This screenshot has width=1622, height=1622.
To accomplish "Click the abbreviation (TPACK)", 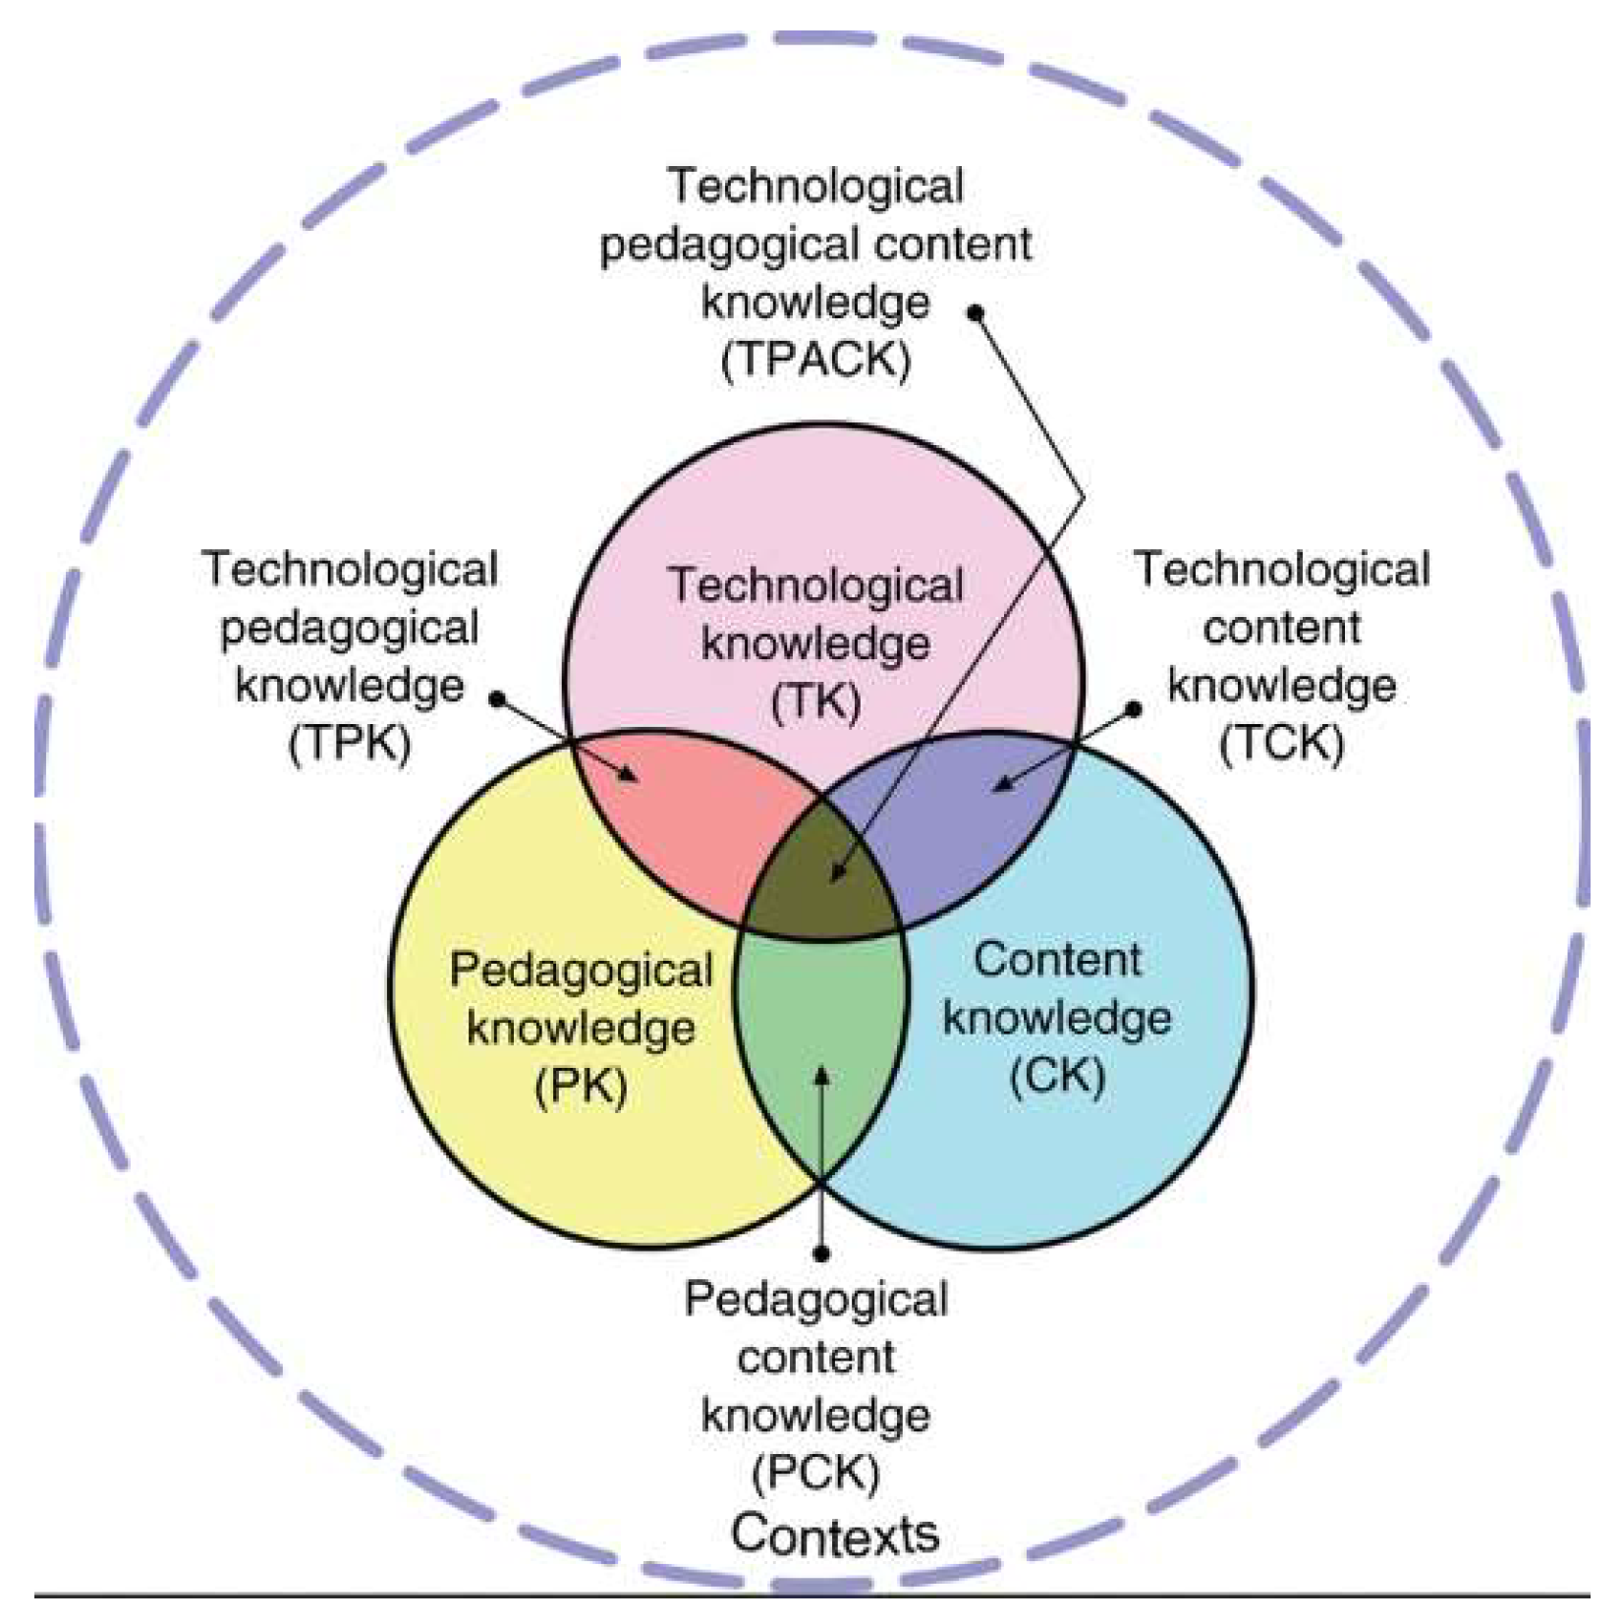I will click(x=815, y=361).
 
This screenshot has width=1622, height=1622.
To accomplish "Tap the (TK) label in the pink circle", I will click(x=815, y=702).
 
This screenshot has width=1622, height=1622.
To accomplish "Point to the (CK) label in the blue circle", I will click(x=1057, y=1076).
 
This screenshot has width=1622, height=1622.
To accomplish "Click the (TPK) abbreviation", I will click(x=350, y=744).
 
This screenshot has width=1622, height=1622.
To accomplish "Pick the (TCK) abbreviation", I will click(x=1281, y=744).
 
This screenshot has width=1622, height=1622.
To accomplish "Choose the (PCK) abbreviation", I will click(x=815, y=1473).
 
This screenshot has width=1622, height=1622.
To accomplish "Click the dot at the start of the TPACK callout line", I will click(x=976, y=312).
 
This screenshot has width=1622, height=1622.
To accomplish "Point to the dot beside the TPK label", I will click(x=498, y=699).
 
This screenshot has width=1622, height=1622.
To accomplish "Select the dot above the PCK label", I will click(x=822, y=1254).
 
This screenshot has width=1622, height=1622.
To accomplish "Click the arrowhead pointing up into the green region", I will click(x=822, y=1076).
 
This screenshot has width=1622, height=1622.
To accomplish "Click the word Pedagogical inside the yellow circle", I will click(x=581, y=972).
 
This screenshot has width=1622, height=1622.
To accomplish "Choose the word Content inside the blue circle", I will click(x=1057, y=960).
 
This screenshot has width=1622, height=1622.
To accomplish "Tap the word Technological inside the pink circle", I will click(x=815, y=587).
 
